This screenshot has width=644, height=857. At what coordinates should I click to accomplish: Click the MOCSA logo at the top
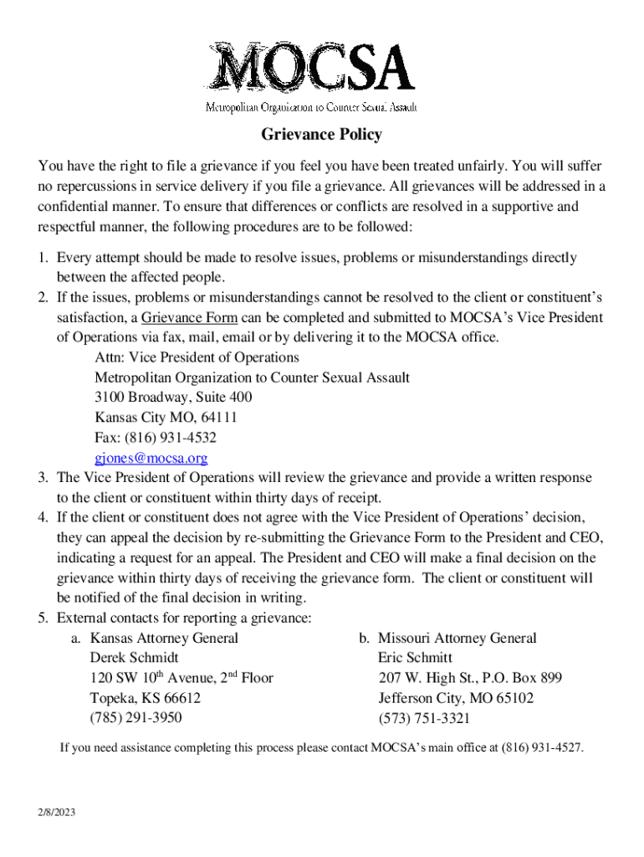tap(311, 66)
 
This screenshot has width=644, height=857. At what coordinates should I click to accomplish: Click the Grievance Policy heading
tap(322, 135)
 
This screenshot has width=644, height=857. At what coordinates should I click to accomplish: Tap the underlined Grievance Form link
tap(189, 318)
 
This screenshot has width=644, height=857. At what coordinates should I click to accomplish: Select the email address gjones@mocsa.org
tap(151, 459)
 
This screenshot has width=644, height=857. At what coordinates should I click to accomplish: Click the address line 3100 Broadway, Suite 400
tap(173, 398)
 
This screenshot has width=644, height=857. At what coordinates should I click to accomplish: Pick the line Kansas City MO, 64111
tap(166, 418)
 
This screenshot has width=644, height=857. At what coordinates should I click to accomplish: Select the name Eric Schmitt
tap(415, 659)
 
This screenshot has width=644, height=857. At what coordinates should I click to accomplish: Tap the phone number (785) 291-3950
tap(135, 718)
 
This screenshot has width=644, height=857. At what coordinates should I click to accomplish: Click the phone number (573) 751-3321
tap(424, 719)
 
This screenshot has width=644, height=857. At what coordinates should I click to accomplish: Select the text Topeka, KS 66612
tap(145, 698)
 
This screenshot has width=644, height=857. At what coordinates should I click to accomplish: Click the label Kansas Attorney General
tap(164, 639)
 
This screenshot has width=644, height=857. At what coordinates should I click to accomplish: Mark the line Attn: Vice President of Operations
tap(197, 357)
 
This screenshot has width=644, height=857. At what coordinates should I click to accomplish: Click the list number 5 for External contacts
tap(41, 618)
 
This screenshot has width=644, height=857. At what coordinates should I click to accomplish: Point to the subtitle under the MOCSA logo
tap(311, 107)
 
